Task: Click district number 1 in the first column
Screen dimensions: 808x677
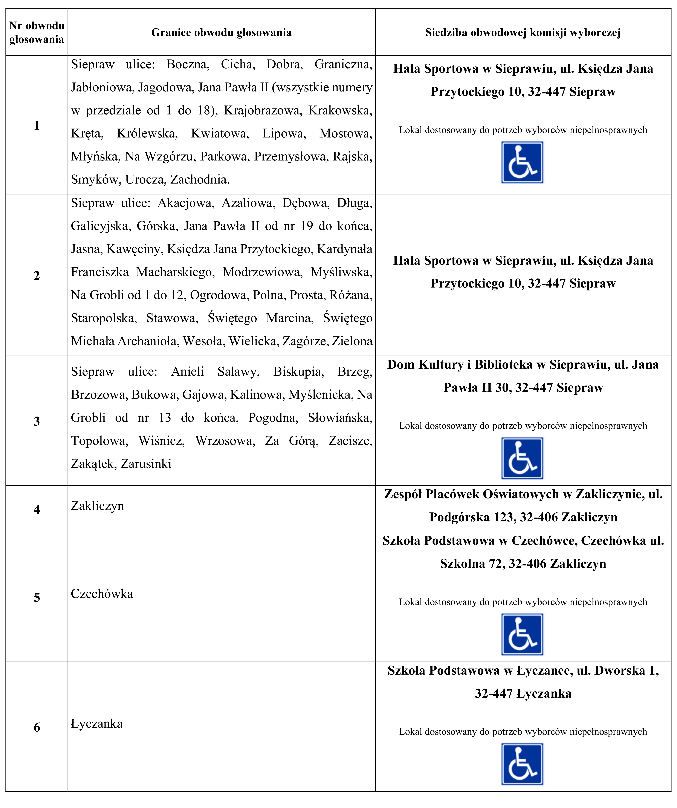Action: click(x=37, y=125)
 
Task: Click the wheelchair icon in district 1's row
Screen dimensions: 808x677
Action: click(x=522, y=162)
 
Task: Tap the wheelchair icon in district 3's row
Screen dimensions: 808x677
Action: click(x=522, y=458)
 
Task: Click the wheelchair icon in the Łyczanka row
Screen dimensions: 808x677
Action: click(x=522, y=764)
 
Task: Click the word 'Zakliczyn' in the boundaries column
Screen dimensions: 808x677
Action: click(x=97, y=506)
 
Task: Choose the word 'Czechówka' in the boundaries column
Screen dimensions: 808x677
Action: click(x=102, y=594)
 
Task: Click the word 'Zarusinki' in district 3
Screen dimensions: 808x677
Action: click(x=146, y=464)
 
